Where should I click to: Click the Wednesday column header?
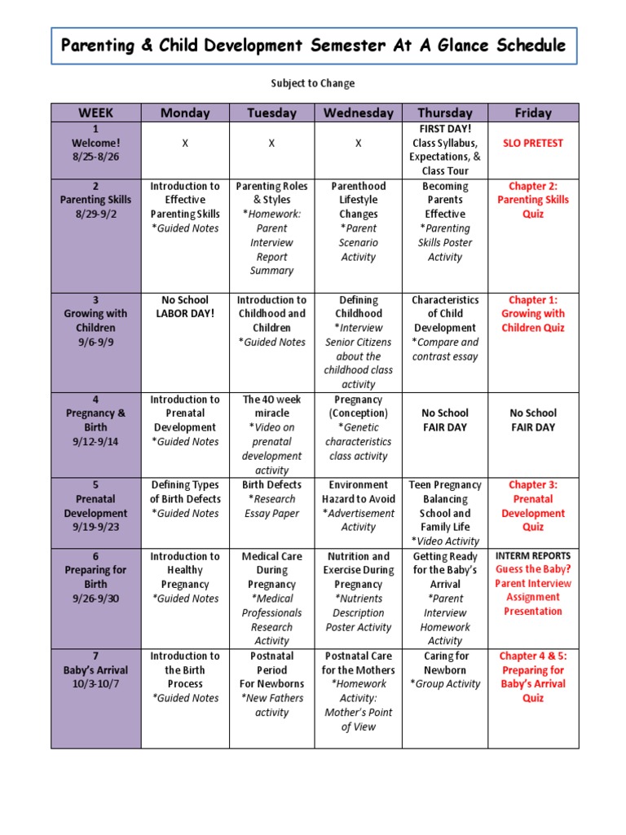(x=358, y=113)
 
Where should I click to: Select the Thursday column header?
(x=444, y=113)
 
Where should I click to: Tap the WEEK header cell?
(x=95, y=113)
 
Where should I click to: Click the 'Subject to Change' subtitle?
(x=312, y=83)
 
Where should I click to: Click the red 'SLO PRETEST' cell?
(x=533, y=143)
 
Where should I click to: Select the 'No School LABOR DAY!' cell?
(x=185, y=307)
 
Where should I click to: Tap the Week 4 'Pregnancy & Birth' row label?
(x=95, y=421)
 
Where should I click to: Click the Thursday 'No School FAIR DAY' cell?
(x=445, y=420)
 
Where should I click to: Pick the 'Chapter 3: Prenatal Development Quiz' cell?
(x=533, y=506)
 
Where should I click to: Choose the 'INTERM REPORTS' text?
(x=533, y=555)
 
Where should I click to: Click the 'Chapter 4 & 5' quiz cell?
(x=533, y=677)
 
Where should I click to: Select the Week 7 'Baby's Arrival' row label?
(x=95, y=670)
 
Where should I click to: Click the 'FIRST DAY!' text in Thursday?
(x=445, y=129)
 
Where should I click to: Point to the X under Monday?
(x=185, y=144)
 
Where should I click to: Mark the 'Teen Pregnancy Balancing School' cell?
(x=445, y=506)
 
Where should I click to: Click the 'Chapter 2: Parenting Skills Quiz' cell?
(x=533, y=200)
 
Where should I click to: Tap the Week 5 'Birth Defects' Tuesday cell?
(x=271, y=499)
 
